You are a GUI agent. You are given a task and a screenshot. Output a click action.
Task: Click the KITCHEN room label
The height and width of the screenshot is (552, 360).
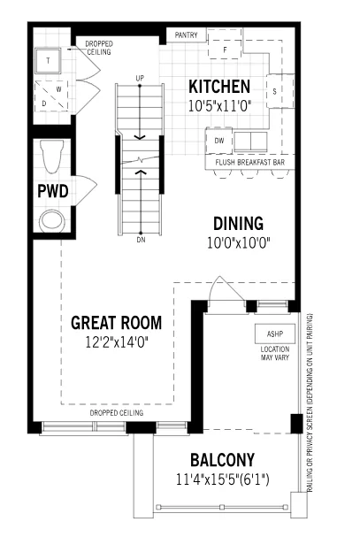219,87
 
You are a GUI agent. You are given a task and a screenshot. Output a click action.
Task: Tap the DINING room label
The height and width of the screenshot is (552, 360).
238,224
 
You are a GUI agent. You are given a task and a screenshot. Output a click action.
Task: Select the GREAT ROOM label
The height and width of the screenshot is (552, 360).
117,323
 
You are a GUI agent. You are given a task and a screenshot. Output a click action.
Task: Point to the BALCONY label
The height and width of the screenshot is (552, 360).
222,460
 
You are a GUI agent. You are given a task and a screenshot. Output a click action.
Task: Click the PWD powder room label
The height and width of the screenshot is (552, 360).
53,191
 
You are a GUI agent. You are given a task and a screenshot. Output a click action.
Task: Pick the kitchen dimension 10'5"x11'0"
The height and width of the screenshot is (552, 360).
220,106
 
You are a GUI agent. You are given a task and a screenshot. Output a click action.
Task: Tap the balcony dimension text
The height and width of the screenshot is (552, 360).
222,479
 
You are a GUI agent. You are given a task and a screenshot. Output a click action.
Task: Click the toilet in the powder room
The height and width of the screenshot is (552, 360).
52,157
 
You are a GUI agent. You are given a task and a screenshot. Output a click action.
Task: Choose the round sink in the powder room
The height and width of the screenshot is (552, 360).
52,221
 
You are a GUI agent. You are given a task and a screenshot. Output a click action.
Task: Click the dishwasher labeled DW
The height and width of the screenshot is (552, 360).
218,141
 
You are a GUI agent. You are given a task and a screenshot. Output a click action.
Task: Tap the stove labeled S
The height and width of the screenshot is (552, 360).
280,91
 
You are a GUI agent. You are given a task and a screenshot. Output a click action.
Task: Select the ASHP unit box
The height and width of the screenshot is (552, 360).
275,333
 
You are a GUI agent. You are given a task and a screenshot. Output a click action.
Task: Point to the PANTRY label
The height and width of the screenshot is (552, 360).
186,35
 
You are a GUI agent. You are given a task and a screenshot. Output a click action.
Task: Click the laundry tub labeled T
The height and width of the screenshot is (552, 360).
49,60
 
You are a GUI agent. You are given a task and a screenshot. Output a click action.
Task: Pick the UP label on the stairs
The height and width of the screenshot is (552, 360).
140,78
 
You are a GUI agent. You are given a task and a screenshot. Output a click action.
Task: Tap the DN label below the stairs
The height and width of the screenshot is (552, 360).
141,240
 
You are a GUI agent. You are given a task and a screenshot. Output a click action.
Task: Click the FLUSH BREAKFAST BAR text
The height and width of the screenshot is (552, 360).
249,163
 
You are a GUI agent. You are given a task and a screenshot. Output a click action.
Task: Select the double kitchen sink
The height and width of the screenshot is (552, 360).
250,142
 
